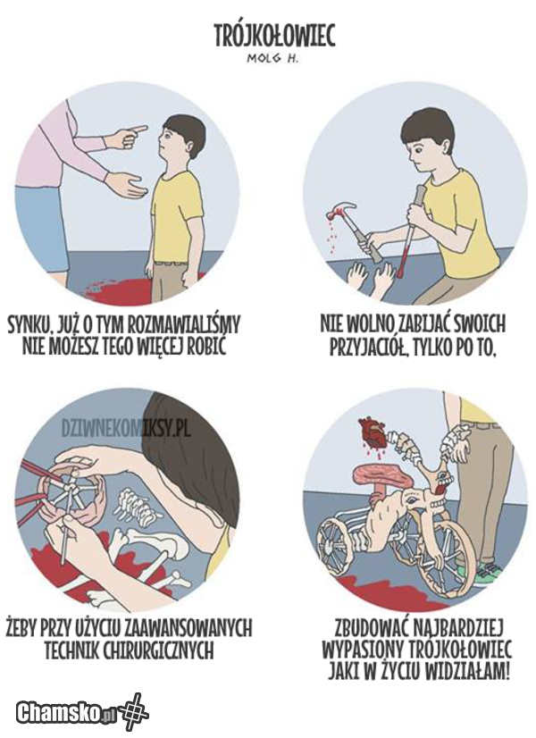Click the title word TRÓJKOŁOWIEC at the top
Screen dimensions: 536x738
pyautogui.click(x=275, y=37)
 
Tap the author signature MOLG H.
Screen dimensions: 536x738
pyautogui.click(x=273, y=59)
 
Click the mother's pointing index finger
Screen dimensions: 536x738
pyautogui.click(x=138, y=129)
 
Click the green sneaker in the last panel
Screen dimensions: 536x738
pyautogui.click(x=486, y=574)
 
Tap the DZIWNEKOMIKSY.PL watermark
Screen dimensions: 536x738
pyautogui.click(x=126, y=428)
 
